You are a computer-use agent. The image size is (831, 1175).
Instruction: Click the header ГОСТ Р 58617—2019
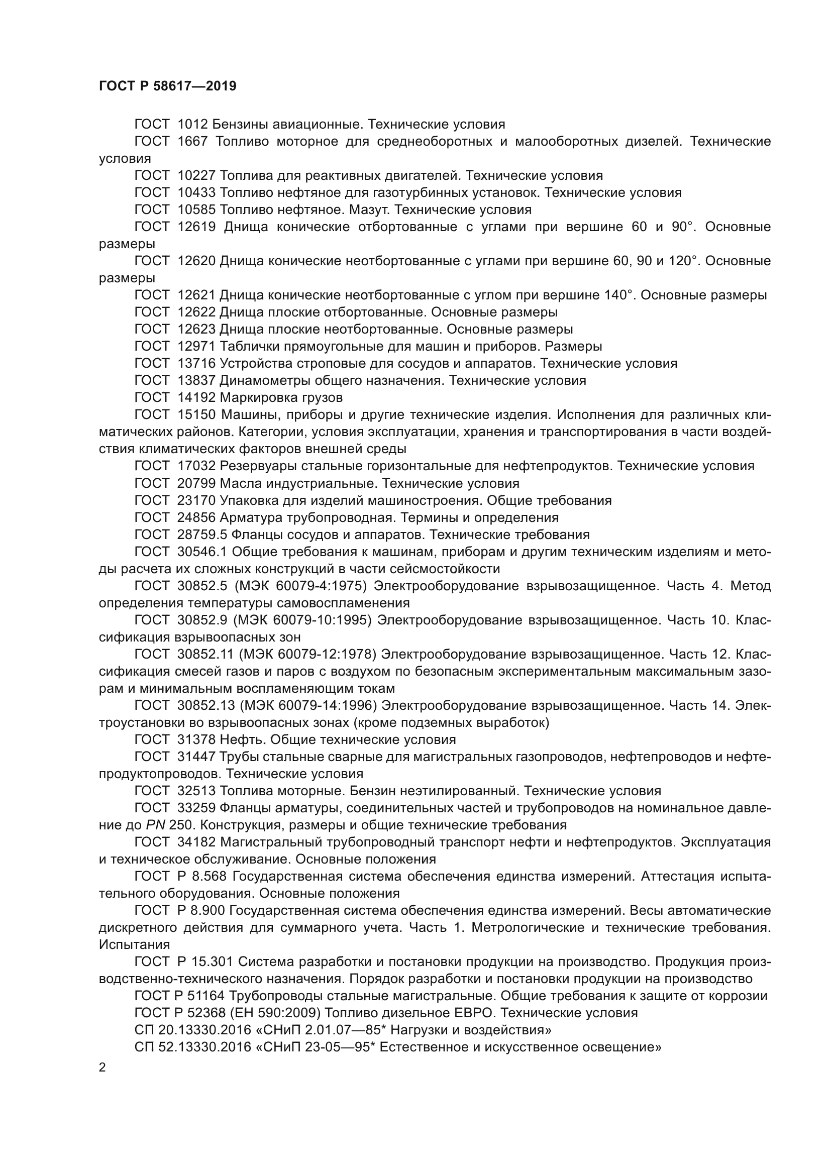pyautogui.click(x=167, y=86)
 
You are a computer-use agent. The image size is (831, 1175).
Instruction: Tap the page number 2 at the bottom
pyautogui.click(x=102, y=1067)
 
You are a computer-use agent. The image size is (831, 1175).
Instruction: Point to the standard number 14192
pyautogui.click(x=196, y=398)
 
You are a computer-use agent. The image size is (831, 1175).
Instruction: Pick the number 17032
pyautogui.click(x=196, y=466)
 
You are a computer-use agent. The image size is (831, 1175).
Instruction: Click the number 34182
pyautogui.click(x=196, y=842)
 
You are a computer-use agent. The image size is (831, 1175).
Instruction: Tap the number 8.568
pyautogui.click(x=209, y=876)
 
